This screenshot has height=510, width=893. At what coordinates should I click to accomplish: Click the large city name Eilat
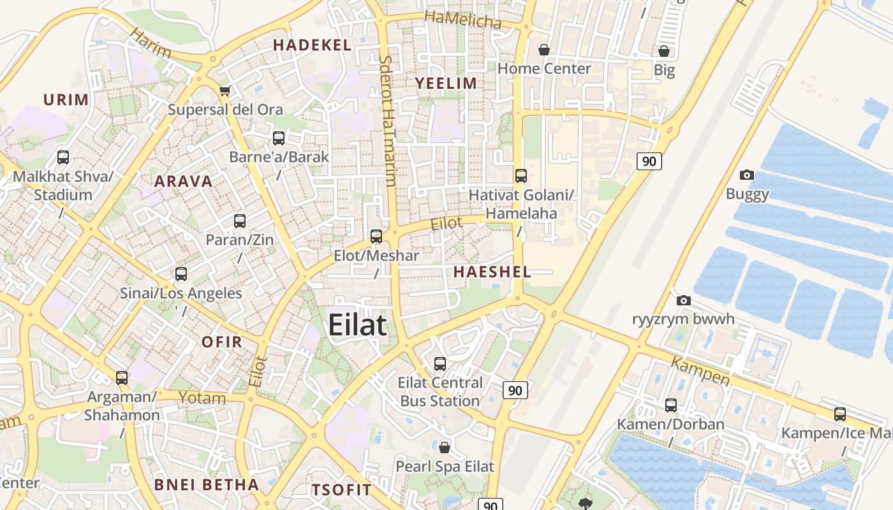357,325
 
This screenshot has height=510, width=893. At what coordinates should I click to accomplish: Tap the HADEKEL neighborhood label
312,45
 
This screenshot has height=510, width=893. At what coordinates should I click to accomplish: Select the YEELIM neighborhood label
446,83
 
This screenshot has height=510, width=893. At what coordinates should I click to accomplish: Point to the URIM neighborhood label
66,99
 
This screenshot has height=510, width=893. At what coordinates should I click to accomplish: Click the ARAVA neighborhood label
183,181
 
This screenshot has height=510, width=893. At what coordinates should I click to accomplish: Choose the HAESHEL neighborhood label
492,272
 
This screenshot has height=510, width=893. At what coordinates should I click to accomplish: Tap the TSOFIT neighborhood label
341,490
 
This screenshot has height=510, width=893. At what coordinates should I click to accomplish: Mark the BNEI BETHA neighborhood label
207,484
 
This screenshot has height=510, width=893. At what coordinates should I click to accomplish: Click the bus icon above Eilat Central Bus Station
440,364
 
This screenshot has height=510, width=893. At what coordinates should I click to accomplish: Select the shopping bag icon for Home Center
544,50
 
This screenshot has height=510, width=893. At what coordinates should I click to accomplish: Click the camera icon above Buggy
747,175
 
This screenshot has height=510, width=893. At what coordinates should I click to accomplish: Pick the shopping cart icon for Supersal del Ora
225,91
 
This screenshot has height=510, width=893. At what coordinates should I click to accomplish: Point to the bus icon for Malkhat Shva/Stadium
63,157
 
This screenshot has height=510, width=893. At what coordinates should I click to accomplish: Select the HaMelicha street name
462,20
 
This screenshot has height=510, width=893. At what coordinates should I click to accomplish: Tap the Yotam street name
202,398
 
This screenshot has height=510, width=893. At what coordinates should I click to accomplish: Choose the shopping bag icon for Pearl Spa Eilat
445,448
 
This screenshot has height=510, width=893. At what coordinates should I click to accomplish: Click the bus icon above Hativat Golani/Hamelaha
521,175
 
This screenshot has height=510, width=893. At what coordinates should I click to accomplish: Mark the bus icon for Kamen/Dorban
670,405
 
